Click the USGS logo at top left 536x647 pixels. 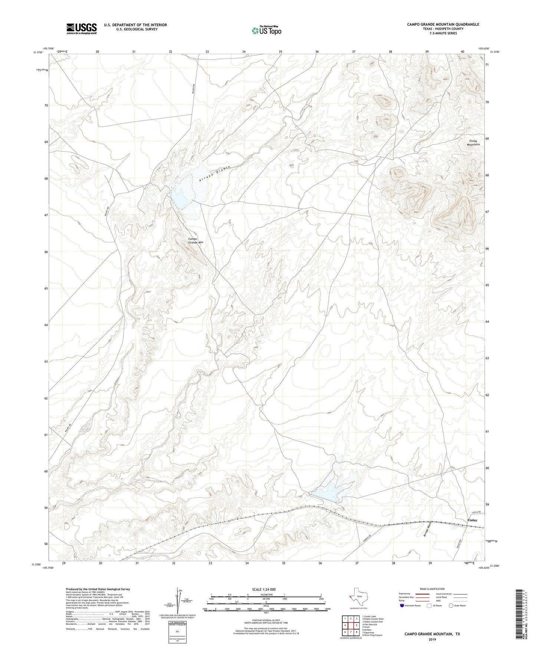82,28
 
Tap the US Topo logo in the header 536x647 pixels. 266,30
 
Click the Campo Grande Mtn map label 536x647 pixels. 195,240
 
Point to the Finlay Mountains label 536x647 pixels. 473,143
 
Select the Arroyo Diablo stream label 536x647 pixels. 215,173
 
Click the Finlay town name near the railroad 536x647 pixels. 472,520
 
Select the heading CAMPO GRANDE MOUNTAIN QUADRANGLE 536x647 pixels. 443,24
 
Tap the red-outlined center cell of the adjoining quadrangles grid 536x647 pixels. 351,625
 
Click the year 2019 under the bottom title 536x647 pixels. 432,639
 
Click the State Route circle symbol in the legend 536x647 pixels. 451,605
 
